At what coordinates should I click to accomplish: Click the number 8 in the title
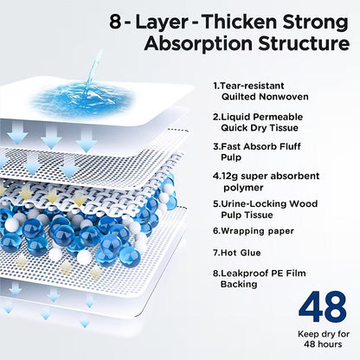click(x=115, y=22)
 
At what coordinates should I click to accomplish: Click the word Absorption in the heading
click(x=198, y=44)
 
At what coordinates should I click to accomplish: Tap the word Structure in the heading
click(x=304, y=43)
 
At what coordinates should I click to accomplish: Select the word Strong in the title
click(x=315, y=23)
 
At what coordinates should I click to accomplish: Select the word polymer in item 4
click(x=243, y=188)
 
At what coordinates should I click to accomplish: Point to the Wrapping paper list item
click(x=254, y=231)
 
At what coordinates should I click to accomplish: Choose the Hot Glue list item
click(x=237, y=253)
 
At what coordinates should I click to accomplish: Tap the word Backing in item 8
click(x=239, y=285)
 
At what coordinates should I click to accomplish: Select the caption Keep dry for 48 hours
click(x=324, y=339)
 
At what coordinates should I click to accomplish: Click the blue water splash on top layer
click(x=83, y=97)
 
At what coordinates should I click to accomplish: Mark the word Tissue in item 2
click(x=284, y=128)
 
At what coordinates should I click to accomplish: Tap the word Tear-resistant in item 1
click(x=248, y=86)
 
